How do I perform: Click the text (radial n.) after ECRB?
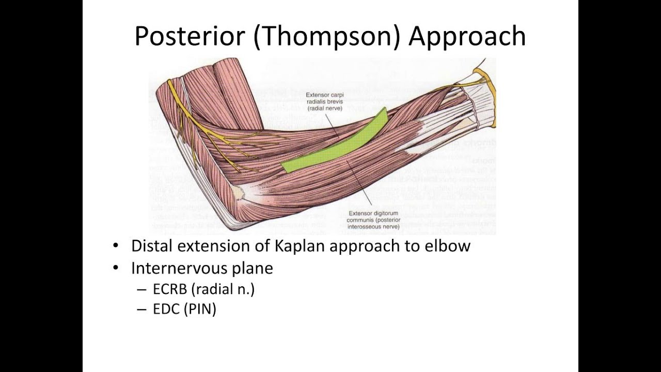click(x=223, y=289)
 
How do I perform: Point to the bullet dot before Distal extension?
click(x=117, y=246)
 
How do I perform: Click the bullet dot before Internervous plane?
click(x=117, y=269)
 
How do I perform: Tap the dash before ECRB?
click(x=141, y=290)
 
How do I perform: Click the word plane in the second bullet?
click(x=255, y=269)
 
